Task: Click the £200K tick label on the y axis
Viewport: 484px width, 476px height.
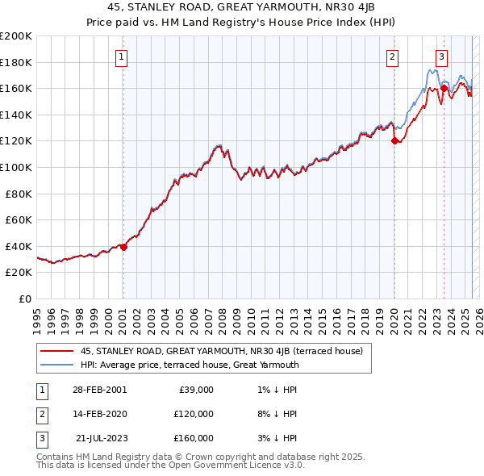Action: (x=16, y=36)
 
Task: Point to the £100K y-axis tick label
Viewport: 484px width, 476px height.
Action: (x=16, y=167)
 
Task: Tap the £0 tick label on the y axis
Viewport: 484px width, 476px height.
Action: (x=25, y=299)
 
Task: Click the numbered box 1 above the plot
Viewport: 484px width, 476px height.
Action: (x=121, y=56)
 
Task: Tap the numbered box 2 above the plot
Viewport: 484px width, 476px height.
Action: (x=392, y=56)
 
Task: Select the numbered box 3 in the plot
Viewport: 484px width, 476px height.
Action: (x=442, y=56)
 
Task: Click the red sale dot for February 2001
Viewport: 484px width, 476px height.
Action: (x=123, y=248)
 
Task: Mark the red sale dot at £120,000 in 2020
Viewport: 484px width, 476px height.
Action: (x=394, y=141)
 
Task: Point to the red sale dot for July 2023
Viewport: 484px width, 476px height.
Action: (x=444, y=89)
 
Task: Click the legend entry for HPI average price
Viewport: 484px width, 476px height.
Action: (x=190, y=365)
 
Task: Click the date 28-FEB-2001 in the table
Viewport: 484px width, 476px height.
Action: (x=99, y=390)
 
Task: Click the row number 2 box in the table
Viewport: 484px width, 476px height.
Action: (x=40, y=414)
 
